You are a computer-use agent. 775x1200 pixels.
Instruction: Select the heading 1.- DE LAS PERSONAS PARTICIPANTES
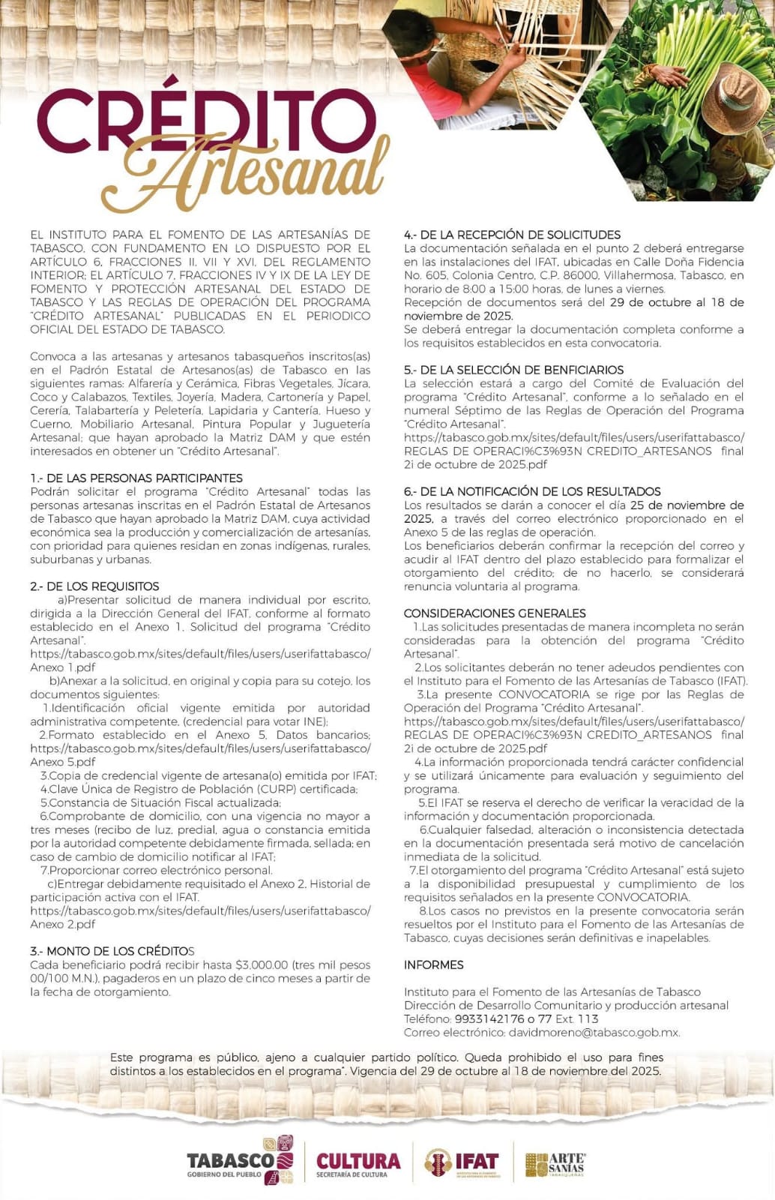pos(136,478)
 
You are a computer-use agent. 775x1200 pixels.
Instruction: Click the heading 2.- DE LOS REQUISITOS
pos(94,586)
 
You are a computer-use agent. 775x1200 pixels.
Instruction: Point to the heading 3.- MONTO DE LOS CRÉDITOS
pos(112,951)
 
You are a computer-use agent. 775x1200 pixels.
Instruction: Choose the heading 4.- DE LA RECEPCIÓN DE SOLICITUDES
pos(512,235)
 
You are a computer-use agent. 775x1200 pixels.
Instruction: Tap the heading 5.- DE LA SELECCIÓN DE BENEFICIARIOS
pos(513,370)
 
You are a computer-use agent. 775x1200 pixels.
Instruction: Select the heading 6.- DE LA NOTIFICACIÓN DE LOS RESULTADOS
pos(532,491)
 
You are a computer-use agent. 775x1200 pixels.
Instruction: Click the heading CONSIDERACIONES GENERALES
pos(495,613)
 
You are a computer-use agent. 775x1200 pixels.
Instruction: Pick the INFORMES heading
pos(433,964)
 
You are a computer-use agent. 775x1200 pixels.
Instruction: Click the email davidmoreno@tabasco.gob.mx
pos(594,1032)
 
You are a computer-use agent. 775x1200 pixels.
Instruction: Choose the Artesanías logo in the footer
pos(555,1164)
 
